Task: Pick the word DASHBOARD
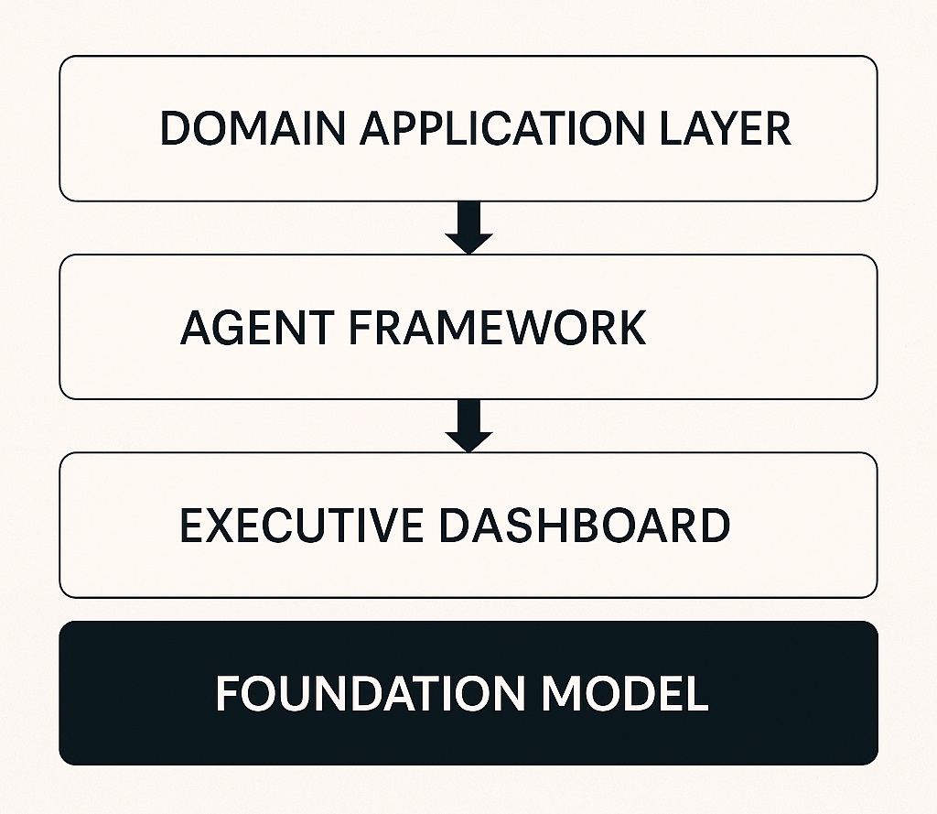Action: [585, 526]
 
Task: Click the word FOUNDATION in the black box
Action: [372, 694]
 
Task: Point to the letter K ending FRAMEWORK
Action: [631, 328]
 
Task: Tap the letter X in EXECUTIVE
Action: [225, 526]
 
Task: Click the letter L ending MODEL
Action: [697, 694]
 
